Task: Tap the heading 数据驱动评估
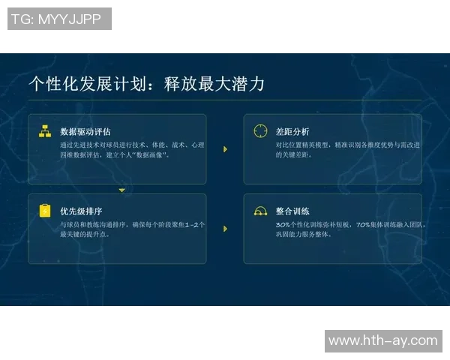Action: (85, 131)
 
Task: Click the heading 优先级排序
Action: (81, 211)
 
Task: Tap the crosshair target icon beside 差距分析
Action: (260, 131)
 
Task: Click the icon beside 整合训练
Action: (260, 211)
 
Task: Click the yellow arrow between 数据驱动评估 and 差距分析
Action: (225, 149)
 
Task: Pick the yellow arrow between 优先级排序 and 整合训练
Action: (225, 229)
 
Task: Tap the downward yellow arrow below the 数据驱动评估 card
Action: (122, 190)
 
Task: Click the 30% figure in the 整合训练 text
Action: (283, 223)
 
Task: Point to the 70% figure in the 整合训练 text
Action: (363, 223)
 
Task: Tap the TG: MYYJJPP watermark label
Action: (59, 19)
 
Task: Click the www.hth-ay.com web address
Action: (382, 340)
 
